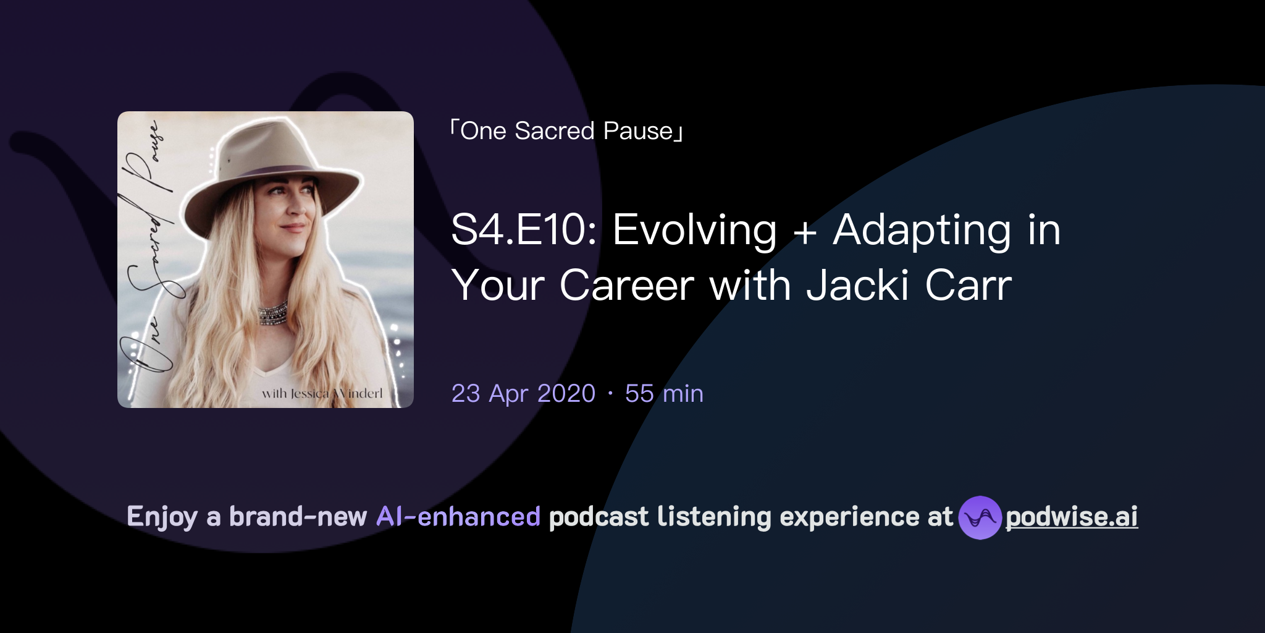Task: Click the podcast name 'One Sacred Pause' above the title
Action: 566,131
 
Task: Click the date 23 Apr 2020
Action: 523,394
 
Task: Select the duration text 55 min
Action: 664,394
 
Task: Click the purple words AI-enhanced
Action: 458,517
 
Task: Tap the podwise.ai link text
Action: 1072,517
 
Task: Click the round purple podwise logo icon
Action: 980,517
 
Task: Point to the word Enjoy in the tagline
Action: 162,517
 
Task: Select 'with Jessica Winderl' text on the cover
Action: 322,394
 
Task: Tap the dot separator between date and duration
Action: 610,393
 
